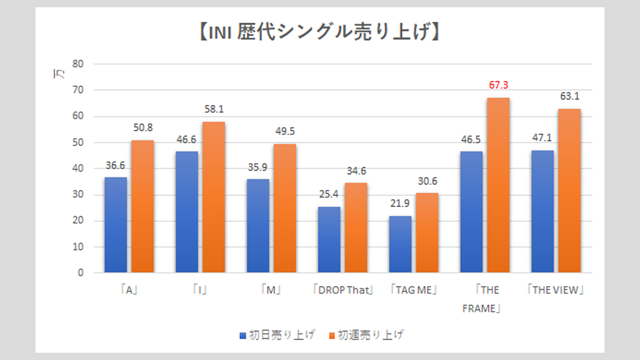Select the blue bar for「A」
tap(115, 225)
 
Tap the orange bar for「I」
tap(213, 197)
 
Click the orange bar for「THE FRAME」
tap(497, 185)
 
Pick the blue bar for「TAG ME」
tap(400, 244)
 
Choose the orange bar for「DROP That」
tap(355, 228)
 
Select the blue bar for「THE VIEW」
tap(542, 211)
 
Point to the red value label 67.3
tap(498, 85)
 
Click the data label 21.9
tap(400, 204)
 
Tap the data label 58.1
tap(213, 109)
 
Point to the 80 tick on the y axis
tap(77, 64)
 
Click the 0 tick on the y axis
tap(80, 273)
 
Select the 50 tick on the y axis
tap(77, 142)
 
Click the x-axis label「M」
tap(270, 290)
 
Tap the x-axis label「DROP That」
tap(342, 290)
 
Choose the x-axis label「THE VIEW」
tap(556, 290)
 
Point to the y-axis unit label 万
tap(59, 75)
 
